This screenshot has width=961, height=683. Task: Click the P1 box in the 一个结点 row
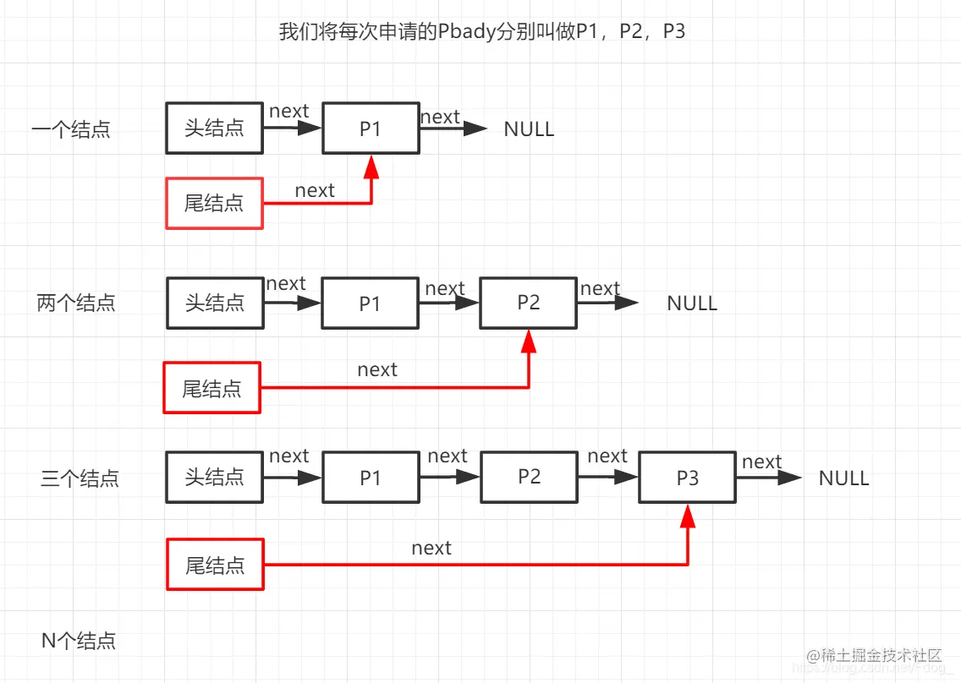[x=371, y=128]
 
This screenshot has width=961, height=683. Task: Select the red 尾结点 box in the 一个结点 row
[x=214, y=203]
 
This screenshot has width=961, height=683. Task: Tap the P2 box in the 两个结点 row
[x=528, y=303]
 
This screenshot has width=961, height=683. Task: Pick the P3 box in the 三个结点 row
[x=687, y=478]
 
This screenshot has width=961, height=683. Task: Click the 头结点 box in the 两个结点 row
[x=214, y=303]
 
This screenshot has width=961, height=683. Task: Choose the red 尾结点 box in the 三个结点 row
[x=215, y=564]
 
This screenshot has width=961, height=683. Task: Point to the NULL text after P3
[x=843, y=478]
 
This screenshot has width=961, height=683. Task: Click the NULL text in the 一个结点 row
[x=529, y=129]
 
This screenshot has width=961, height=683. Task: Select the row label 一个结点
[x=71, y=130]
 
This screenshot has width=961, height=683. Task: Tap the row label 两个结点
[x=76, y=303]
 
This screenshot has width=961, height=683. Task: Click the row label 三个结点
[x=80, y=478]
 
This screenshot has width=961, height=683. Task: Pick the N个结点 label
[x=79, y=641]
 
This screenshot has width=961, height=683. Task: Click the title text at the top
[x=481, y=32]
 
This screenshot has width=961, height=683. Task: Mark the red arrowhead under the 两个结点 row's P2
[x=529, y=341]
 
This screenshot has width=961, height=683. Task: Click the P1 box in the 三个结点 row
[x=371, y=478]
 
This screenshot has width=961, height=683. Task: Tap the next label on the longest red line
[x=431, y=548]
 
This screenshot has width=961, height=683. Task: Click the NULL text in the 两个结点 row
[x=691, y=303]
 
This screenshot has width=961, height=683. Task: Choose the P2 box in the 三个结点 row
[x=529, y=477]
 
